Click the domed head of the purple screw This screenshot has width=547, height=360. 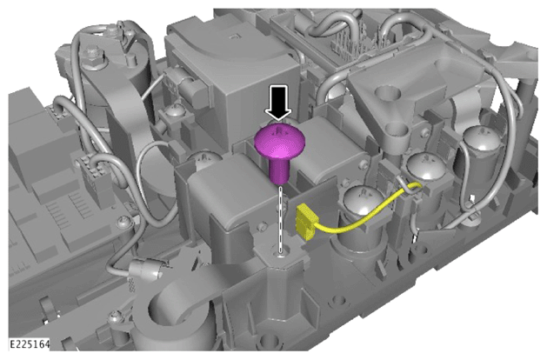point(280,141)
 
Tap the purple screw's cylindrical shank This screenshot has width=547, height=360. point(279,171)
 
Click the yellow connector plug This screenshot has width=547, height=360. point(305,223)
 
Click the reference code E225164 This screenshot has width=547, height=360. point(30,344)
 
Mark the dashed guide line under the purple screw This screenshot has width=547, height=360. point(280,219)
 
